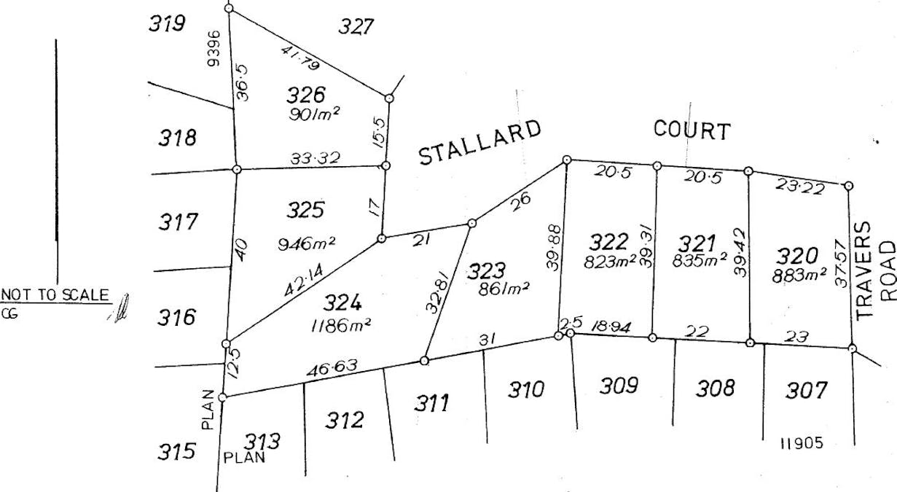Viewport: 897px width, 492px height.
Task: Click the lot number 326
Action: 306,95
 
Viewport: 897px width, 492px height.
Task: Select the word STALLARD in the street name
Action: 481,143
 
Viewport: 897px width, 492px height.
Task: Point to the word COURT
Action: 692,130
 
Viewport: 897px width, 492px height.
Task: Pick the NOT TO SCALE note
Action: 55,295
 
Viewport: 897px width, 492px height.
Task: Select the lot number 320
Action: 796,256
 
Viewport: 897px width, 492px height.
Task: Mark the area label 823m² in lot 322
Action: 610,262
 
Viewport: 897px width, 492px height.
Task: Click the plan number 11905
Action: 802,443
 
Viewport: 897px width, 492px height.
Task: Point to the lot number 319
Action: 167,24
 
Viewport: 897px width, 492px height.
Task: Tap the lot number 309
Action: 619,386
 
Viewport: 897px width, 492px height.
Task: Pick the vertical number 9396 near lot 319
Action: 213,48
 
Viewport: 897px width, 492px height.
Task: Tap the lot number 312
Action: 344,420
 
